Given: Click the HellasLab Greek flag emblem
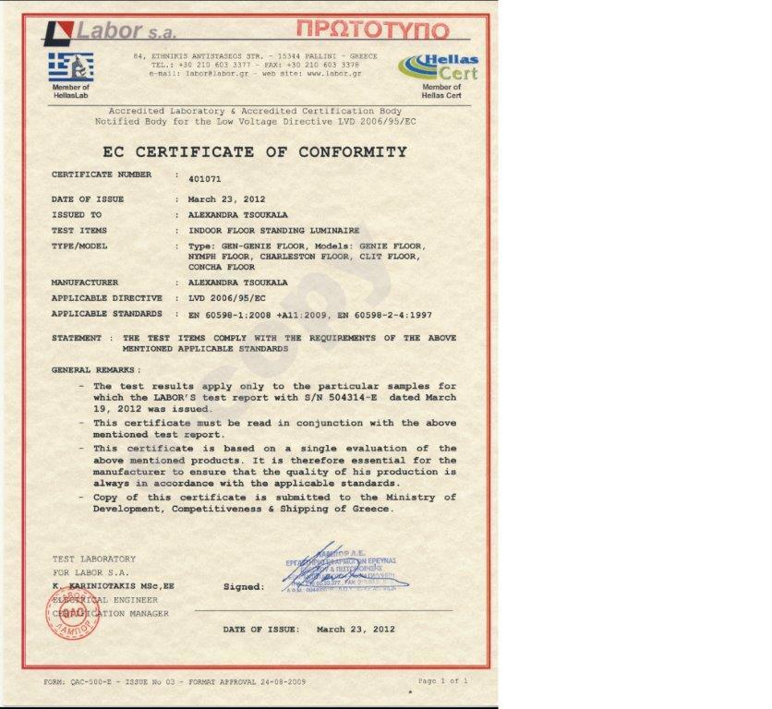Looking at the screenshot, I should pyautogui.click(x=71, y=66).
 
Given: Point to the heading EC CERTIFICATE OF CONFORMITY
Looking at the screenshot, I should pyautogui.click(x=254, y=152).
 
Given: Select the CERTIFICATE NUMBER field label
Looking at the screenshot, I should pyautogui.click(x=102, y=174).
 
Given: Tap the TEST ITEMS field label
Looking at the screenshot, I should pyautogui.click(x=79, y=230).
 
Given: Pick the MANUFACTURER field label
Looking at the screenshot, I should pyautogui.click(x=85, y=282).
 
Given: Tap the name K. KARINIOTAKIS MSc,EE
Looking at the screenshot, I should pyautogui.click(x=114, y=585).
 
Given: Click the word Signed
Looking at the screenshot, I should pyautogui.click(x=243, y=586).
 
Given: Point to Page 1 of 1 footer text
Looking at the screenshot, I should pyautogui.click(x=443, y=680).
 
